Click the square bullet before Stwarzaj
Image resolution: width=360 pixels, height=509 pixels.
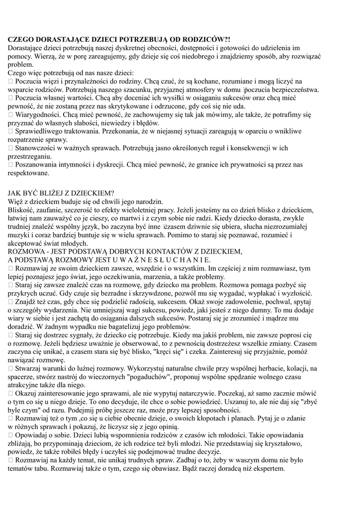(x=11, y=368)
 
